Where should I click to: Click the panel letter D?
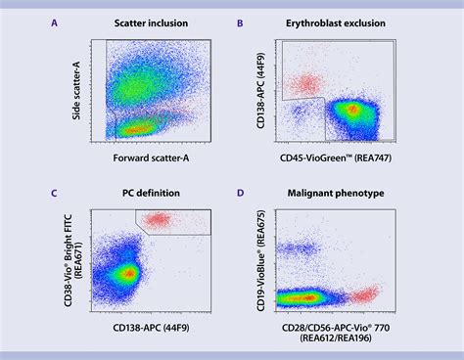click(x=242, y=192)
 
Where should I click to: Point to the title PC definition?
click(x=157, y=192)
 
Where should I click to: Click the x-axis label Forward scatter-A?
click(x=155, y=158)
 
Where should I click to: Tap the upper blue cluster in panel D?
click(x=300, y=251)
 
